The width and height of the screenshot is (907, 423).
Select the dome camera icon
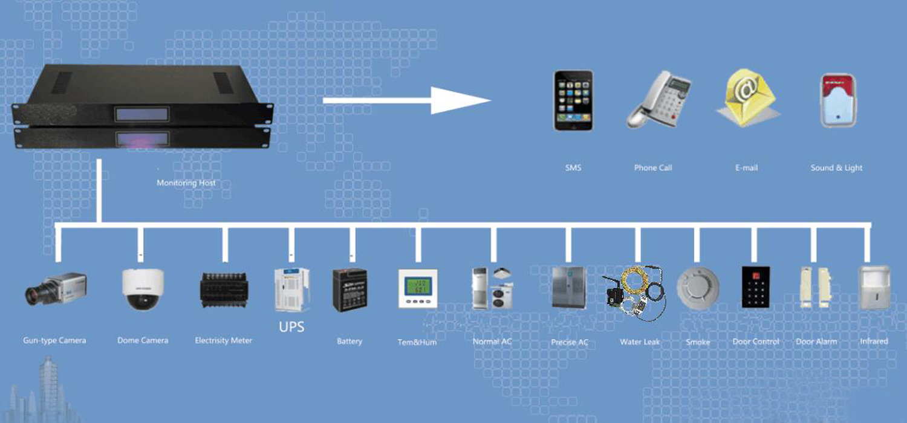point(142,289)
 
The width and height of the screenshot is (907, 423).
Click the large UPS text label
point(291,327)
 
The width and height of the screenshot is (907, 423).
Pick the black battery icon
point(349,290)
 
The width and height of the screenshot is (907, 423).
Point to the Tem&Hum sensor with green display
point(417,288)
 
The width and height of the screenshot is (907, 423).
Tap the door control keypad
point(755,287)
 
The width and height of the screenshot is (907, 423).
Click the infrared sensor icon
point(874,288)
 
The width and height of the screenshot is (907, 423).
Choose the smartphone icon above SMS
point(573,101)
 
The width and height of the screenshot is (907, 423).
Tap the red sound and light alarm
point(837,100)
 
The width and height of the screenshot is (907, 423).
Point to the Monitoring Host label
point(186,182)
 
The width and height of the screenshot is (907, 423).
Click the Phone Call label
point(653,167)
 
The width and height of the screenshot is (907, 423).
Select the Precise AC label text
point(569,342)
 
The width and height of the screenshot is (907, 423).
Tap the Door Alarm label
point(816,341)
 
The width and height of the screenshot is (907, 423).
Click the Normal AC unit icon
point(492,288)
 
